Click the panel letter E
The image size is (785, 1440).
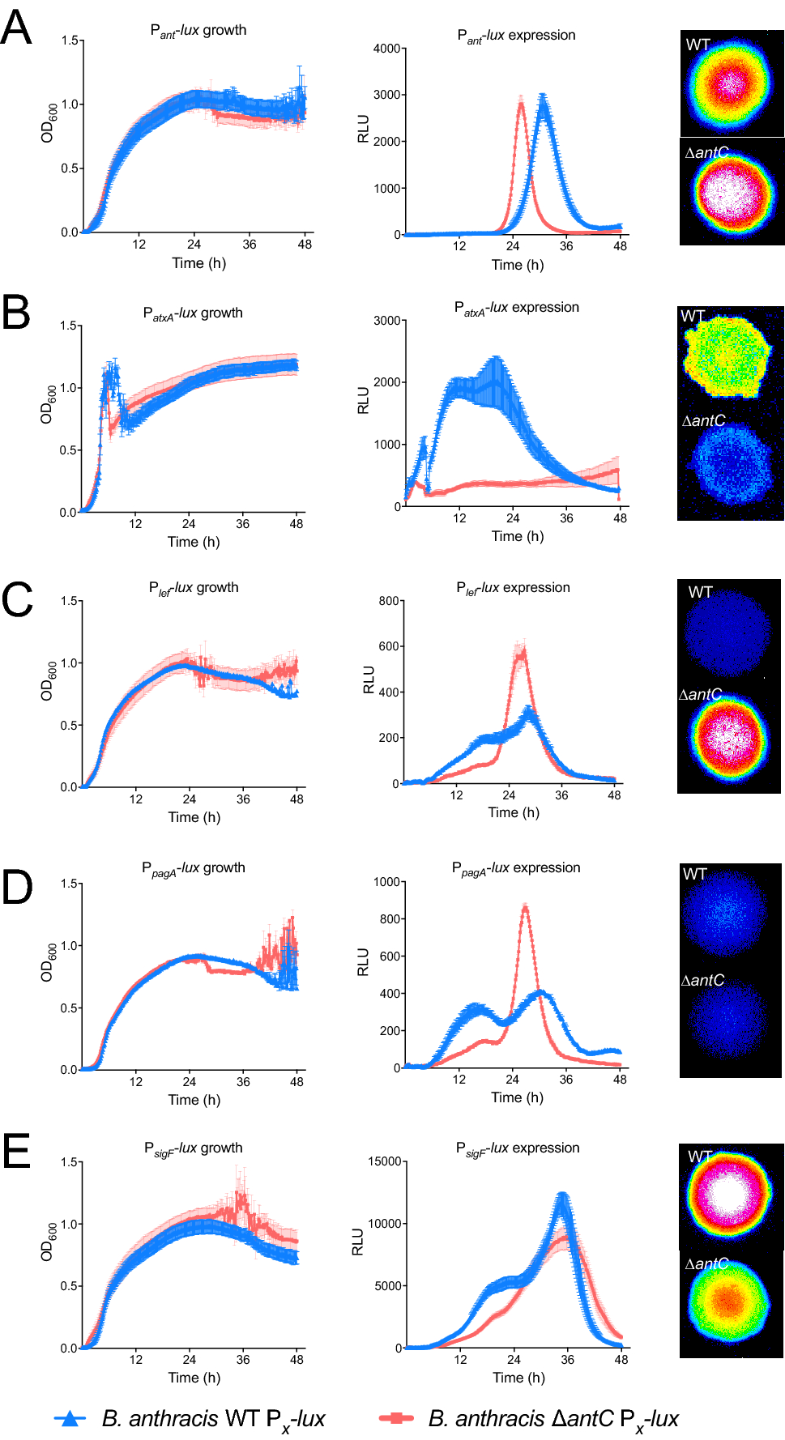(x=16, y=1151)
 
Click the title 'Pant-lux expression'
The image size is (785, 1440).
(x=516, y=36)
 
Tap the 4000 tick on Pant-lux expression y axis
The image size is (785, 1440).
(x=386, y=49)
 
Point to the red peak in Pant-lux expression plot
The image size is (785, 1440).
(x=521, y=102)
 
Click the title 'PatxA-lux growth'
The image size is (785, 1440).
(x=193, y=313)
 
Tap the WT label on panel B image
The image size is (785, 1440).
(x=693, y=316)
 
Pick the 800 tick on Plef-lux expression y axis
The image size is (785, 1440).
(x=389, y=601)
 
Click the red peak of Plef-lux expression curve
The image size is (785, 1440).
(x=522, y=649)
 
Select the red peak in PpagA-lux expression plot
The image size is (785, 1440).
(x=526, y=907)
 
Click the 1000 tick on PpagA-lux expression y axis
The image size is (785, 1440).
(x=386, y=882)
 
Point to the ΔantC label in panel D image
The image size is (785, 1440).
(x=702, y=981)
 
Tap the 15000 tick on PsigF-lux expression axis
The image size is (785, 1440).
(x=385, y=1161)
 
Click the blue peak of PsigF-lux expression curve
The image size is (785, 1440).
(x=562, y=1195)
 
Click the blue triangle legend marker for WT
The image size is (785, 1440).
(x=70, y=1418)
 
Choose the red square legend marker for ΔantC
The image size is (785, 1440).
(x=396, y=1418)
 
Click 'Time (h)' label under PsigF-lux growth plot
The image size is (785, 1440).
(x=194, y=1378)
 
